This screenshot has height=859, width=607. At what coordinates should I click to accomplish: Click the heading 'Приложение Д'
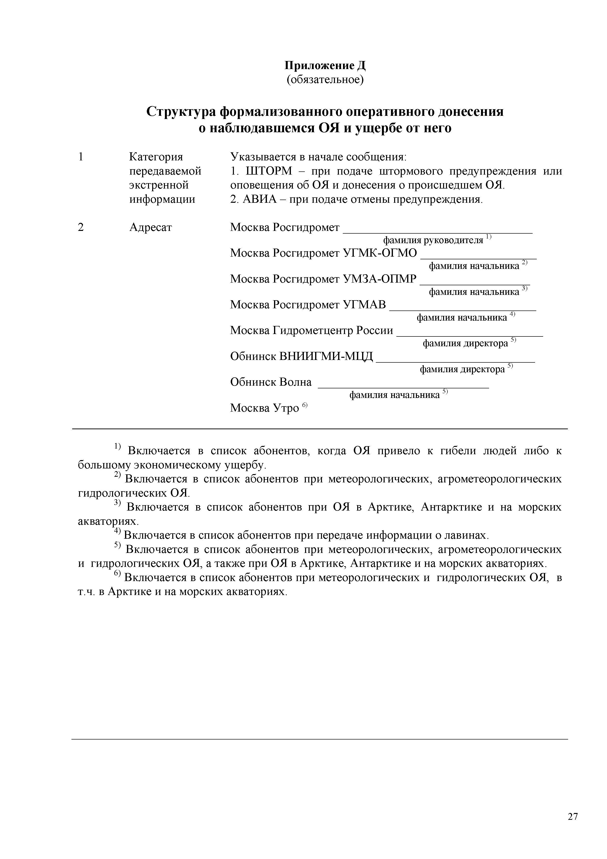tap(325, 66)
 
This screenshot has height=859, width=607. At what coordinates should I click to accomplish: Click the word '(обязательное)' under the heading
tap(325, 80)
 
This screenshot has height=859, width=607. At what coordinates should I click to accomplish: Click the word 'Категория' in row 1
tap(156, 157)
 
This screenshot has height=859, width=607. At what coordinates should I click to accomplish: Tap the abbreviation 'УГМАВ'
tap(365, 305)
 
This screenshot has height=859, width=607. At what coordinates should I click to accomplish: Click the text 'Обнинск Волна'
tap(271, 382)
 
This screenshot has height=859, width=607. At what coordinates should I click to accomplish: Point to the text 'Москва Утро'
tap(264, 408)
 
